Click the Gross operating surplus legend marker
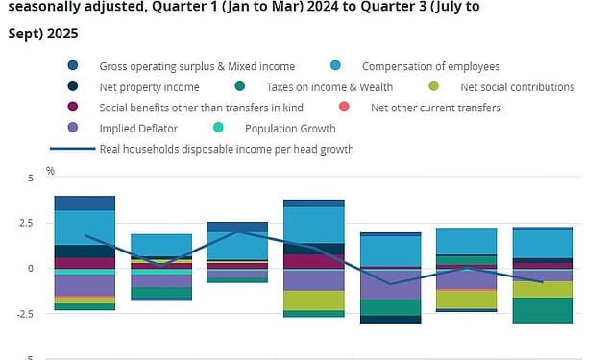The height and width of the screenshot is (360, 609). [x=73, y=66]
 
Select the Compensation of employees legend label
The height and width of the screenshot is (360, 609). [x=430, y=66]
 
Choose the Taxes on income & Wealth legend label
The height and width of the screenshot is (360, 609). [x=327, y=87]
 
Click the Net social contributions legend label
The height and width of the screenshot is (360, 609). [x=517, y=87]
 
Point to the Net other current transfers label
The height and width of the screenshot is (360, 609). [x=435, y=108]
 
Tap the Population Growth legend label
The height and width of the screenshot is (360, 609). [x=290, y=128]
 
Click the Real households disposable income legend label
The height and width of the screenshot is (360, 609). [x=227, y=149]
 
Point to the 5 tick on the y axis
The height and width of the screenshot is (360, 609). [x=30, y=178]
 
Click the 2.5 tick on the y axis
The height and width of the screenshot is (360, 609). [x=25, y=223]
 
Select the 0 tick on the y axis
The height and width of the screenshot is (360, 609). [x=30, y=268]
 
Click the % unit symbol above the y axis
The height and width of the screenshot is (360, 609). [x=50, y=171]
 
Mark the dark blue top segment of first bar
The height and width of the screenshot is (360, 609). [x=85, y=203]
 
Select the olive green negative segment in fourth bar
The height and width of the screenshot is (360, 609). [x=314, y=300]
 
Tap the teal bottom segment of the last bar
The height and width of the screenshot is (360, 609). [x=543, y=310]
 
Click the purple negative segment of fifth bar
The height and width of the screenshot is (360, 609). [x=390, y=284]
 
